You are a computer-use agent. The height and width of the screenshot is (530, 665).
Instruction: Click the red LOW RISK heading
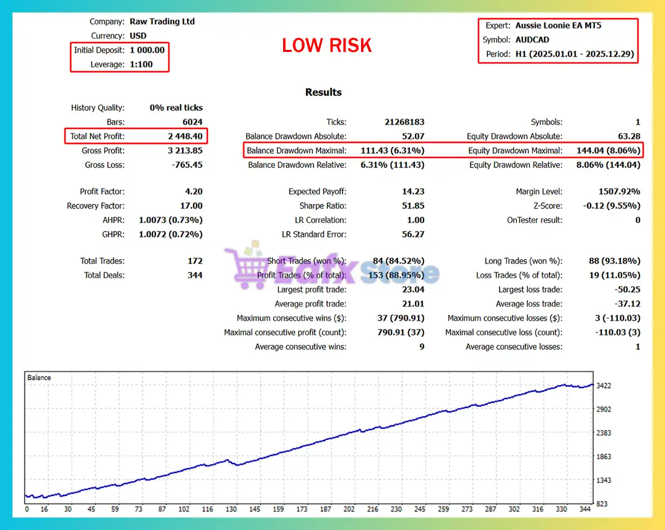pyautogui.click(x=327, y=46)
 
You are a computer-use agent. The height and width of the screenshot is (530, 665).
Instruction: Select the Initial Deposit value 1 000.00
pyautogui.click(x=147, y=50)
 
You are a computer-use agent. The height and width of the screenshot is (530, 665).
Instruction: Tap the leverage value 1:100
pyautogui.click(x=141, y=64)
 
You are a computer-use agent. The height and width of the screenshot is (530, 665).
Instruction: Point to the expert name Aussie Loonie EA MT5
pyautogui.click(x=558, y=25)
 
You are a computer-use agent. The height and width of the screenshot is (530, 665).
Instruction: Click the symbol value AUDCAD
pyautogui.click(x=532, y=39)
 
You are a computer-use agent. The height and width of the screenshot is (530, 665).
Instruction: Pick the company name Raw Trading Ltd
pyautogui.click(x=162, y=21)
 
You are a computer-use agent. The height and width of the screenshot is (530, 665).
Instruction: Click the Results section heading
pyautogui.click(x=323, y=92)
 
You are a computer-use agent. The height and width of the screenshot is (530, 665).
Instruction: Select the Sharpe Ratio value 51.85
pyautogui.click(x=413, y=206)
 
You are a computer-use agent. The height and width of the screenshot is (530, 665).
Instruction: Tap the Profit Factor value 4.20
pyautogui.click(x=194, y=191)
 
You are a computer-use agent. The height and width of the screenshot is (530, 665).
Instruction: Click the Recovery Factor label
pyautogui.click(x=96, y=206)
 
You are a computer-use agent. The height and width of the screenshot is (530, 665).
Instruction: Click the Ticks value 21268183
pyautogui.click(x=404, y=122)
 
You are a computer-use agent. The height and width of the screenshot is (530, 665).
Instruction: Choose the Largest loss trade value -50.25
pyautogui.click(x=627, y=289)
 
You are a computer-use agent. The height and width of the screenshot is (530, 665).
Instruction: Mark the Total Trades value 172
pyautogui.click(x=195, y=261)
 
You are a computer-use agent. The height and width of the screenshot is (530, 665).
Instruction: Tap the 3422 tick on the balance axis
pyautogui.click(x=604, y=386)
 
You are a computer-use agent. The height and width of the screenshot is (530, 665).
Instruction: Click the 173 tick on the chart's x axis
pyautogui.click(x=302, y=509)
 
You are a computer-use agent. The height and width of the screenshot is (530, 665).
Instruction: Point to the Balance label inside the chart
pyautogui.click(x=39, y=378)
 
